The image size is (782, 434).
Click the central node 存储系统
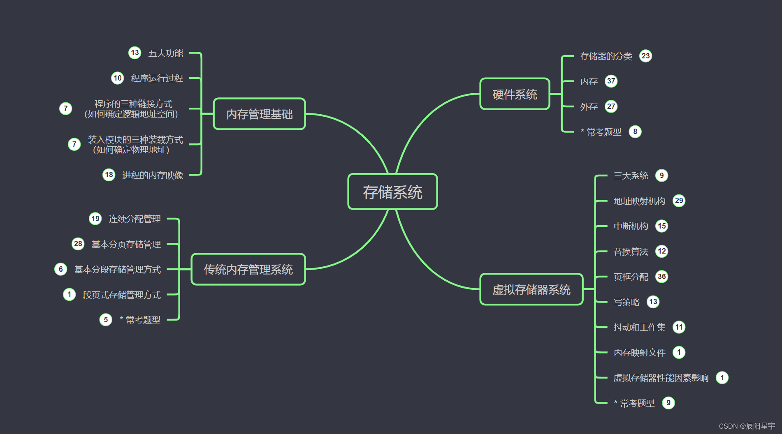coord(392,192)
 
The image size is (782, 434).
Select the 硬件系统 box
coord(515,94)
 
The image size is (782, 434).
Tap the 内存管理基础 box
coord(259,114)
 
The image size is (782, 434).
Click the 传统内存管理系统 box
coord(248,269)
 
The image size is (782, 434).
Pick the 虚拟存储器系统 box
coord(531,289)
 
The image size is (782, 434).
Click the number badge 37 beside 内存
coord(611,81)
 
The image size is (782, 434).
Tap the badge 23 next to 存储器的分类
coord(645,56)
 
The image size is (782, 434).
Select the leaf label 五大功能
coord(165,53)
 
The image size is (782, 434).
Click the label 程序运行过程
coord(157,78)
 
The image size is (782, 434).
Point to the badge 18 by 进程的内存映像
coord(109,175)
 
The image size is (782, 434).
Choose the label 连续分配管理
coord(135,219)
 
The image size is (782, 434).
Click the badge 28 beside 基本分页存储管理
coord(78,244)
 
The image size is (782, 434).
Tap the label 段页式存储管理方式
coord(122,295)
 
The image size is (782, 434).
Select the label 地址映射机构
coord(639,201)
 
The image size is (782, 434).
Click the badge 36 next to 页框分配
coord(661,277)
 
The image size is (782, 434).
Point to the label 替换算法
coord(631,252)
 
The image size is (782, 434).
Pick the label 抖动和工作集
coord(639,327)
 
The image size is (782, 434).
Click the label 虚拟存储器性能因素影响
coord(661,378)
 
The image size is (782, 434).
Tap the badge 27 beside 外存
coord(611,106)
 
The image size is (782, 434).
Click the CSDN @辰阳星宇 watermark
coord(747,426)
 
